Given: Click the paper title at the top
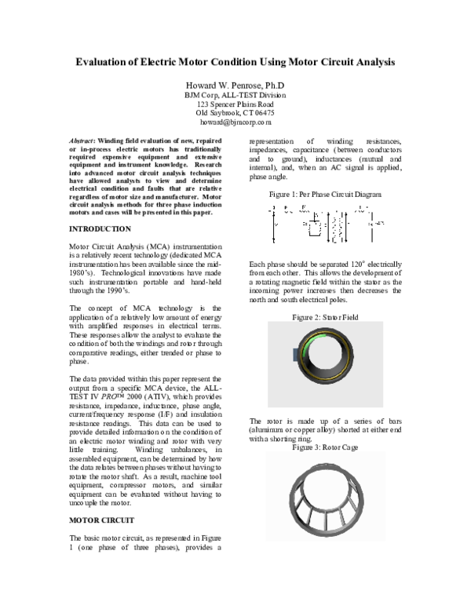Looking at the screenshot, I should tap(235, 61).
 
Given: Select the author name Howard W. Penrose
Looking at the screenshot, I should tap(235, 84).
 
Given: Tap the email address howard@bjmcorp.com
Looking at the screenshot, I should tap(235, 122).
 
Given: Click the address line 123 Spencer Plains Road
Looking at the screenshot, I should tap(235, 104).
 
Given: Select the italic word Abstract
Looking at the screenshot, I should tap(75, 140).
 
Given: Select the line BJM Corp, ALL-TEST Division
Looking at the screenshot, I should tap(235, 94).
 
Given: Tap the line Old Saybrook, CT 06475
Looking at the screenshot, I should tap(235, 113).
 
